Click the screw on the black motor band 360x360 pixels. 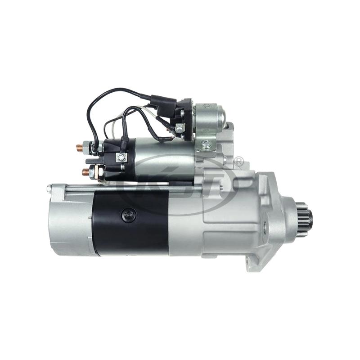[x=125, y=216]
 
